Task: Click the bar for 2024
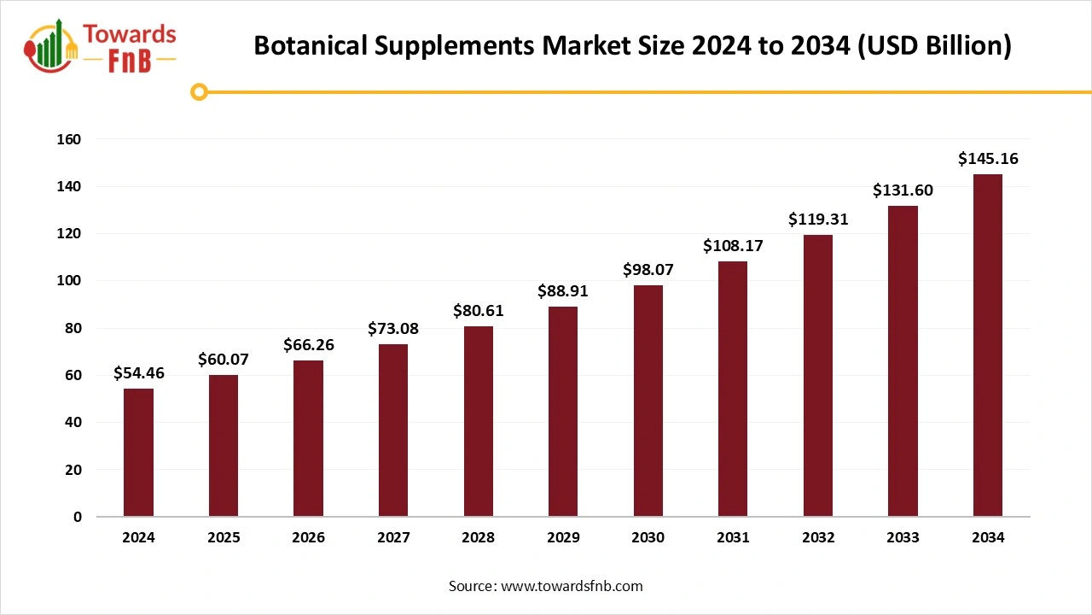click(x=138, y=453)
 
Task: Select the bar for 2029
click(x=563, y=412)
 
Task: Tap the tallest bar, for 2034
click(x=987, y=346)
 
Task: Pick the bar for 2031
click(x=733, y=389)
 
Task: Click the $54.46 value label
click(x=139, y=373)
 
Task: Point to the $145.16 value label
click(x=988, y=159)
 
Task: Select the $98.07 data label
click(x=648, y=270)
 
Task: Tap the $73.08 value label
click(x=393, y=329)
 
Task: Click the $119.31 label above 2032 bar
click(x=818, y=220)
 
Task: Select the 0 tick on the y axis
click(x=77, y=517)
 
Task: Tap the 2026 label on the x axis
click(x=308, y=538)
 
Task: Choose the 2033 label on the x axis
click(x=903, y=538)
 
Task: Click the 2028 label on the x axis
click(x=478, y=538)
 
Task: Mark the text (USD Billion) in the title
click(x=934, y=46)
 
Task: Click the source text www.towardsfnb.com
click(x=572, y=586)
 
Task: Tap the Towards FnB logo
click(x=101, y=47)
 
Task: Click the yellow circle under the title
click(x=199, y=92)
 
